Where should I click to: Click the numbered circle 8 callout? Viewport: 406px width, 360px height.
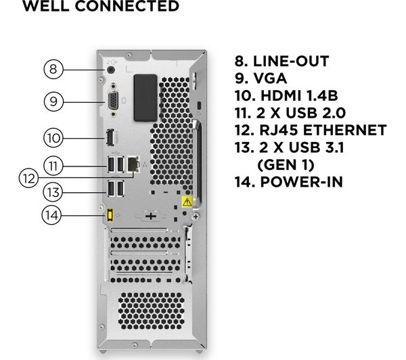click(54, 69)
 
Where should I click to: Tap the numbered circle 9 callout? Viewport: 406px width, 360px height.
click(54, 102)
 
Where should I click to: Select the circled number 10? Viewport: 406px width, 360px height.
click(54, 138)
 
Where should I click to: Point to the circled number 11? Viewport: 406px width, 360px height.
click(54, 165)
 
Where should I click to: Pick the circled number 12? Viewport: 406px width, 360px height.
click(28, 179)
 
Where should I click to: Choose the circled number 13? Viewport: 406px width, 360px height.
click(54, 192)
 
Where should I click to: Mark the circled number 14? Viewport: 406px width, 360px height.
click(54, 216)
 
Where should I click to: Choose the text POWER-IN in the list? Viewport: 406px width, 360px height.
click(304, 181)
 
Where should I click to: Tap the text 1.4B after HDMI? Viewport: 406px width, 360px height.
click(325, 96)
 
